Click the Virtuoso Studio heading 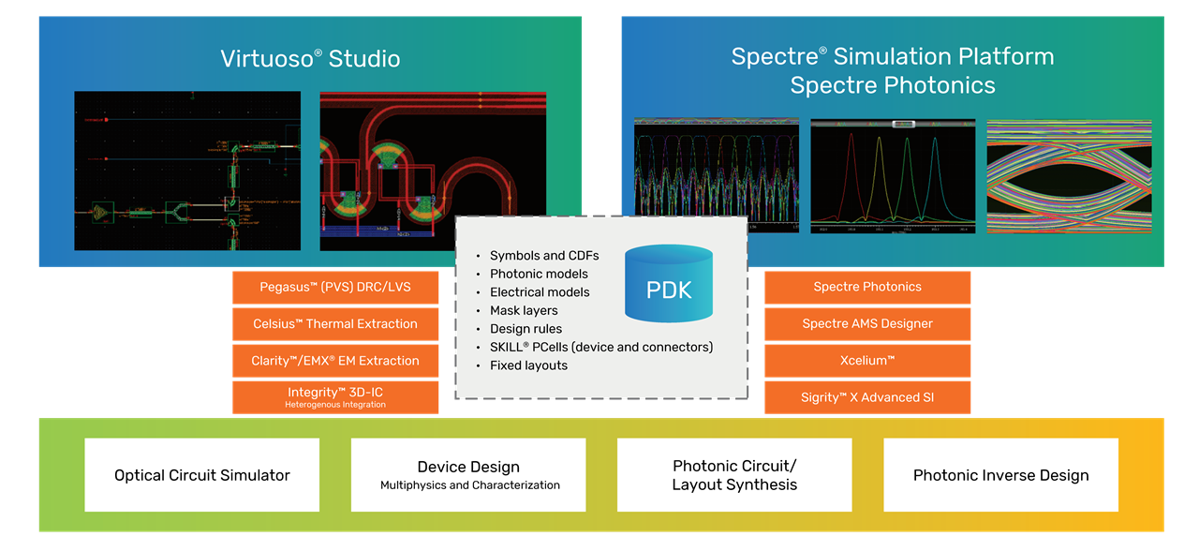[x=310, y=59]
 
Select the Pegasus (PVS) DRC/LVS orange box [x=335, y=288]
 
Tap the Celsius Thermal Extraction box [x=335, y=324]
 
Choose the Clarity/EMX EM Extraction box [x=335, y=361]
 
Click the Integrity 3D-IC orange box [x=335, y=397]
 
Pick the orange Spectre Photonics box [x=867, y=288]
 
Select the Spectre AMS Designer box [x=867, y=324]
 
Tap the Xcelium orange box [x=867, y=361]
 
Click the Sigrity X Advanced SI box [x=867, y=397]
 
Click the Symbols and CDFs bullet [x=543, y=256]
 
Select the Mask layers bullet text [x=524, y=311]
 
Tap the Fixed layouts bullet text [x=528, y=365]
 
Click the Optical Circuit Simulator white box [x=202, y=475]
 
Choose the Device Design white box [x=468, y=475]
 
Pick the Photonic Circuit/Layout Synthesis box [x=734, y=475]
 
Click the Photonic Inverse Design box [x=1000, y=475]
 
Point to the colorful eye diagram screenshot [x=1069, y=176]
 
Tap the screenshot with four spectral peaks [x=892, y=176]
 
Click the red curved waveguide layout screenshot [x=433, y=171]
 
